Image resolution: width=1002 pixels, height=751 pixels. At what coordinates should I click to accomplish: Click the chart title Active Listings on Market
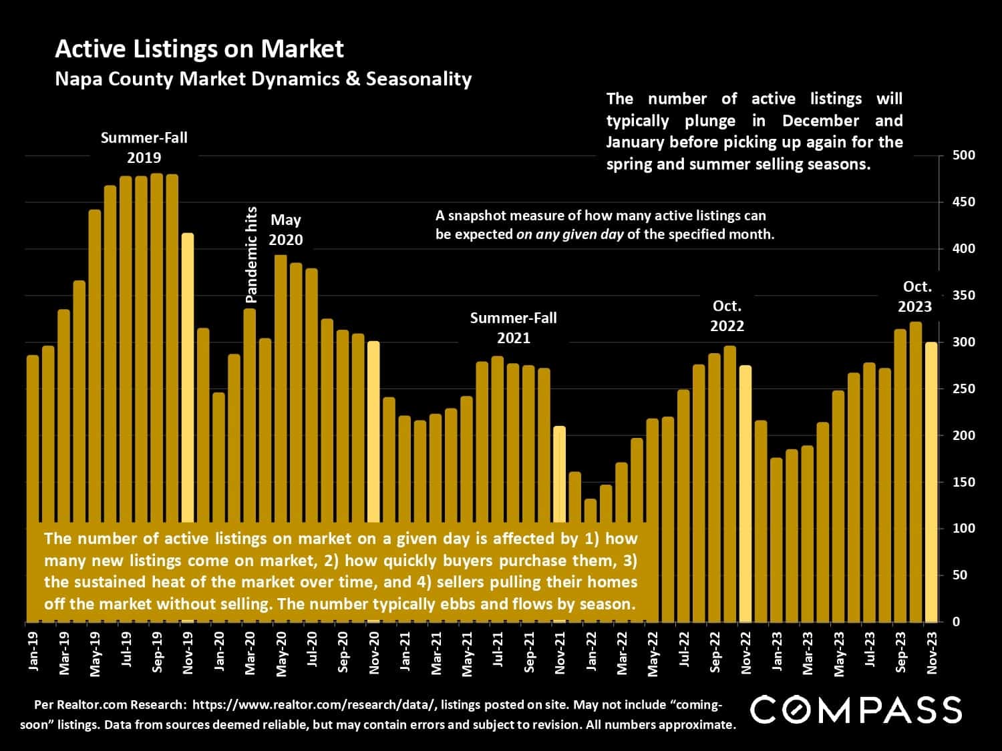click(x=199, y=49)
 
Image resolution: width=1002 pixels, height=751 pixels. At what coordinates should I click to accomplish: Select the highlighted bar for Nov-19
click(x=188, y=374)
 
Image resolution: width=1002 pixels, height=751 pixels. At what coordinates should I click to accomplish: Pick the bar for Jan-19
click(x=33, y=434)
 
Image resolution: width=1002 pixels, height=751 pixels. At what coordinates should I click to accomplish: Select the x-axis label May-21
click(x=467, y=653)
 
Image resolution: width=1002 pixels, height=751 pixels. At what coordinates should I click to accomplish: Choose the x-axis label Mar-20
click(x=250, y=653)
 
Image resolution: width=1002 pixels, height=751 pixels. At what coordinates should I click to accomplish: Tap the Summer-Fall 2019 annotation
click(x=144, y=148)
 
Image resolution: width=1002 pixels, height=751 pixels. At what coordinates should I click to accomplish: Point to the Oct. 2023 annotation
click(x=915, y=296)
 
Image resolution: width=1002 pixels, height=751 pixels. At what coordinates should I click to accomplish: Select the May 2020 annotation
click(x=286, y=230)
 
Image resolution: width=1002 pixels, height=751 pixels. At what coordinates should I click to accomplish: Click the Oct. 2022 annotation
click(x=727, y=316)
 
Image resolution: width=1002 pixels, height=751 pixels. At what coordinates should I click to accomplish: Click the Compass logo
click(x=856, y=710)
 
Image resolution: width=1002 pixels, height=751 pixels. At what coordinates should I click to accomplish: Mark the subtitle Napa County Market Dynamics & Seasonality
click(x=263, y=79)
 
